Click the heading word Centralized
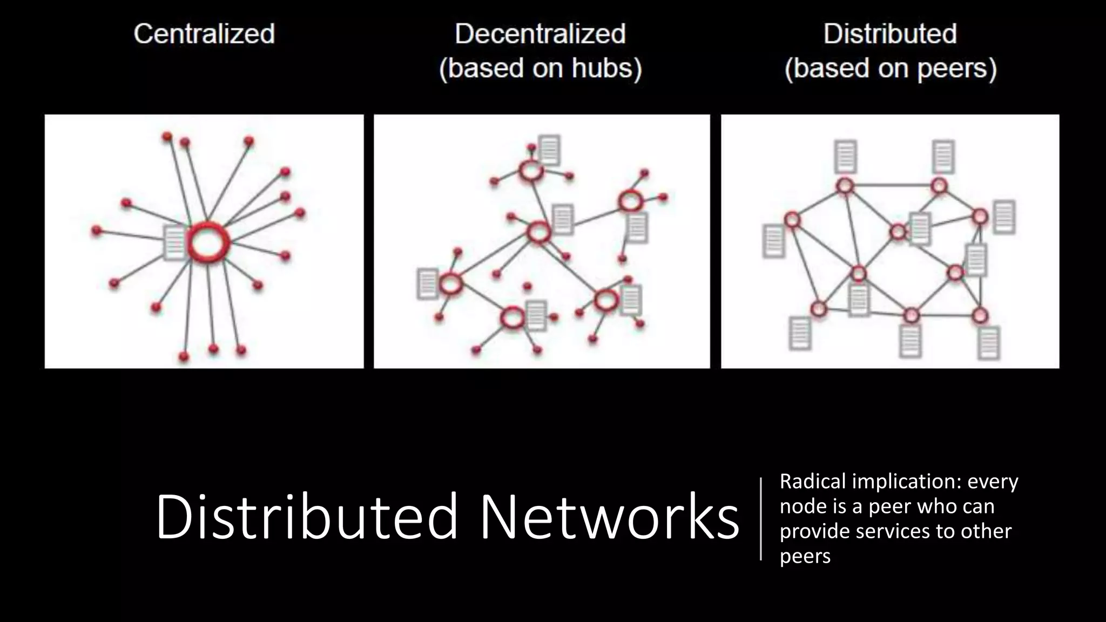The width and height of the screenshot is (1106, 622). point(204,34)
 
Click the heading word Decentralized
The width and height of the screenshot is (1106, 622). point(540,34)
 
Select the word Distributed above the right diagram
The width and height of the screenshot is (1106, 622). point(890,34)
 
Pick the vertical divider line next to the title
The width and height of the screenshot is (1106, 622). point(761,518)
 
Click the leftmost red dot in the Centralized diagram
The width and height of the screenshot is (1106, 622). point(97,231)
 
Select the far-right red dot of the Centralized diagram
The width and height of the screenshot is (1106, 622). point(300,213)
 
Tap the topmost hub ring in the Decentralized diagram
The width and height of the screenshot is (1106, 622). point(530,171)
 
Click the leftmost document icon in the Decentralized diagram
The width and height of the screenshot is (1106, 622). point(427,283)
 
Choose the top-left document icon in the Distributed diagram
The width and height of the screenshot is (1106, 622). point(845,156)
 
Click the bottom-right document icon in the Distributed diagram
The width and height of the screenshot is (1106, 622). point(988,342)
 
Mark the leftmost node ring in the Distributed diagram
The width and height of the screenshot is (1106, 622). point(792,220)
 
